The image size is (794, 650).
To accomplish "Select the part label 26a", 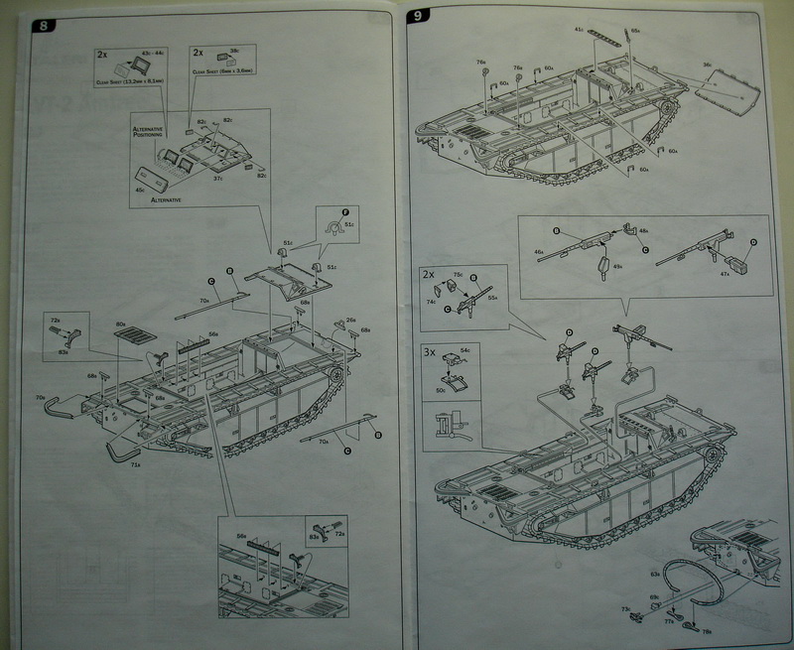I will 350,321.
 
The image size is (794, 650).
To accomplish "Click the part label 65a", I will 635,32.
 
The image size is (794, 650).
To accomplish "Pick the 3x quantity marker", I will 430,351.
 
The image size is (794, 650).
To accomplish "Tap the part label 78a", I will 707,632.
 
